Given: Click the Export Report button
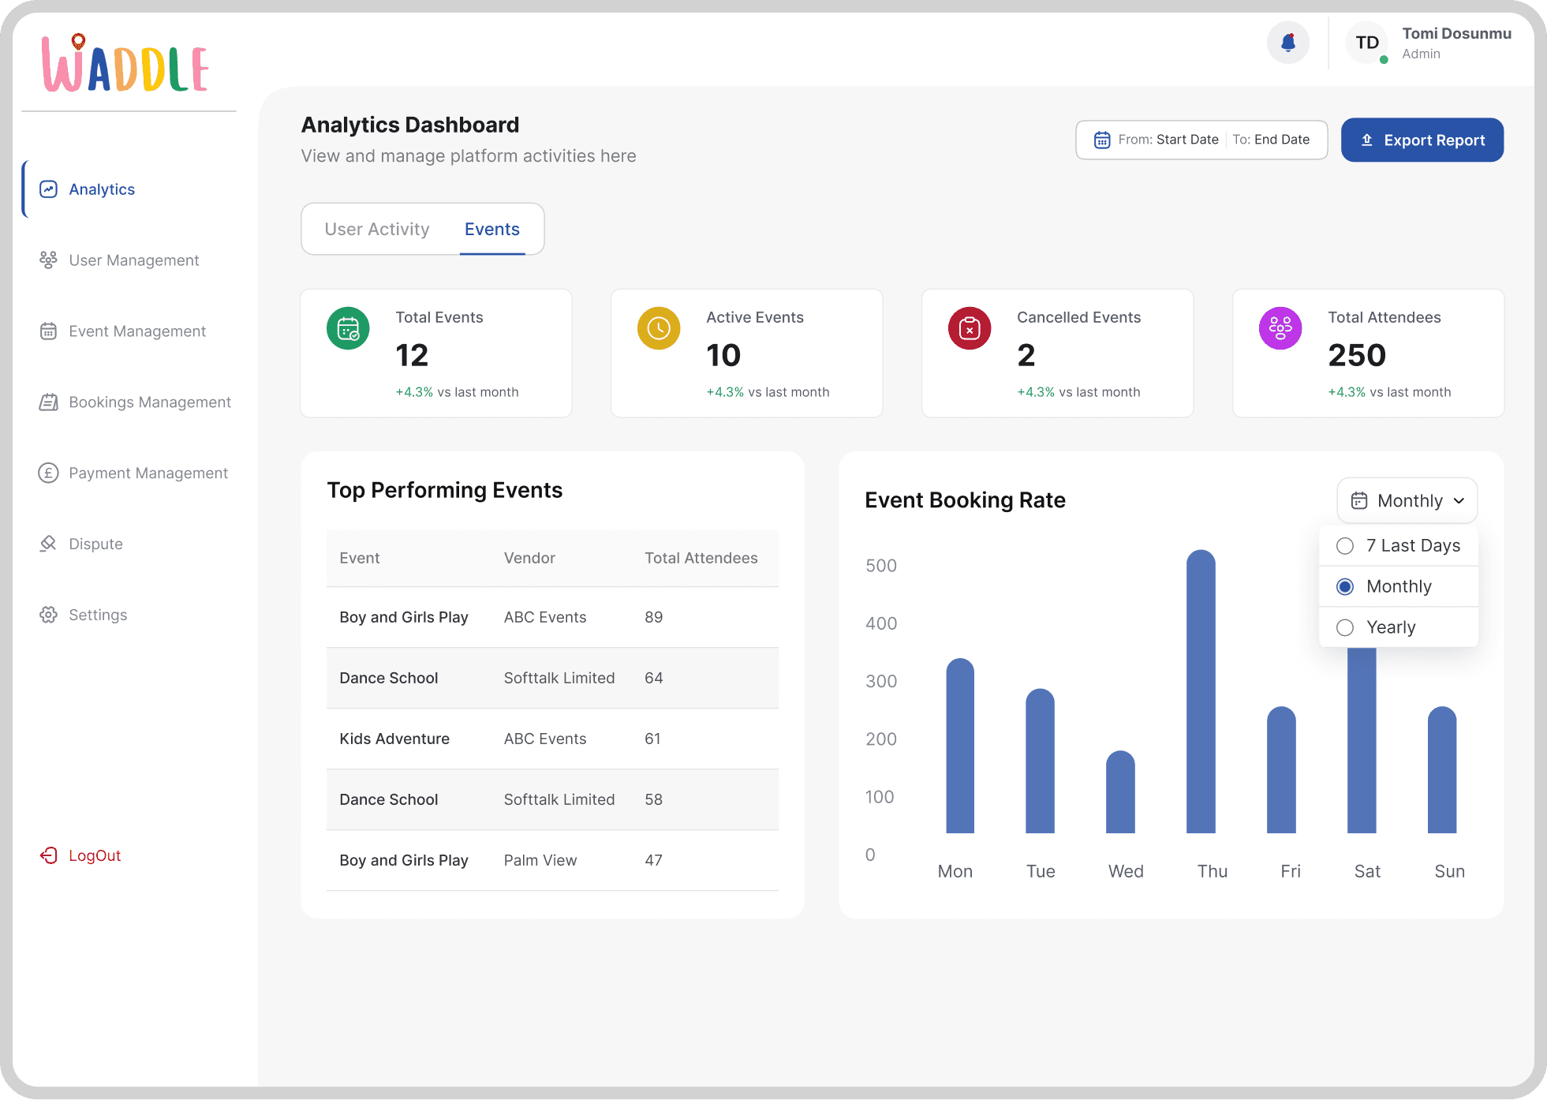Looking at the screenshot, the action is point(1422,140).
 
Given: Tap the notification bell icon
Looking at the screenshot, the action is point(1288,43).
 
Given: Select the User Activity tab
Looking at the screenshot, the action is point(377,229).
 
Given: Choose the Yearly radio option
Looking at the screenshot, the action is point(1345,627).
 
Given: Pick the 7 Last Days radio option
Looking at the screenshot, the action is point(1345,546).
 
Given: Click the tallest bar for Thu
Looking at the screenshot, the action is point(1201,691).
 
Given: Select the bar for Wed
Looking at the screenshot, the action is point(1120,791).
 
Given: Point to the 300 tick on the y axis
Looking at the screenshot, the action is point(881,681).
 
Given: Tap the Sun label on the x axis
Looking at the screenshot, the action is point(1449,871).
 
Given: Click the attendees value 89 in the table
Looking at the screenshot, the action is point(653,617).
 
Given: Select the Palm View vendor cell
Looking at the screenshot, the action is point(540,860).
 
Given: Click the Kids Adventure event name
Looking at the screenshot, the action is point(394,739).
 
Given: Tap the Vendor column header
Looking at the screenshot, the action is point(529,558).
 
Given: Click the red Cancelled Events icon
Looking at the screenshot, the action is point(970,328).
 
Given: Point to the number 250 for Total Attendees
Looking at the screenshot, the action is point(1357,355).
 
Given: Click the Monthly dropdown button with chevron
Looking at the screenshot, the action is point(1407,500).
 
